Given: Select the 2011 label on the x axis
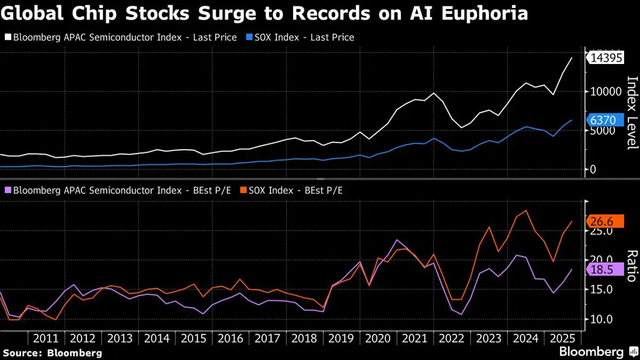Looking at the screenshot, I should click(x=46, y=338).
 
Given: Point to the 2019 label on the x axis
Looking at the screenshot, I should click(x=342, y=338).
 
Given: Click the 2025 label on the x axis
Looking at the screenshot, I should click(x=563, y=338).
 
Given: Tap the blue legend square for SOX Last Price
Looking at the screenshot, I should click(x=243, y=38).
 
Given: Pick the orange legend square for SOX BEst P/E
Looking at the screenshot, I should click(x=243, y=191).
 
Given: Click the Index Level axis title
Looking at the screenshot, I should click(x=631, y=113).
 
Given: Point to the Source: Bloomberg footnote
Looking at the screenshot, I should click(x=52, y=353).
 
